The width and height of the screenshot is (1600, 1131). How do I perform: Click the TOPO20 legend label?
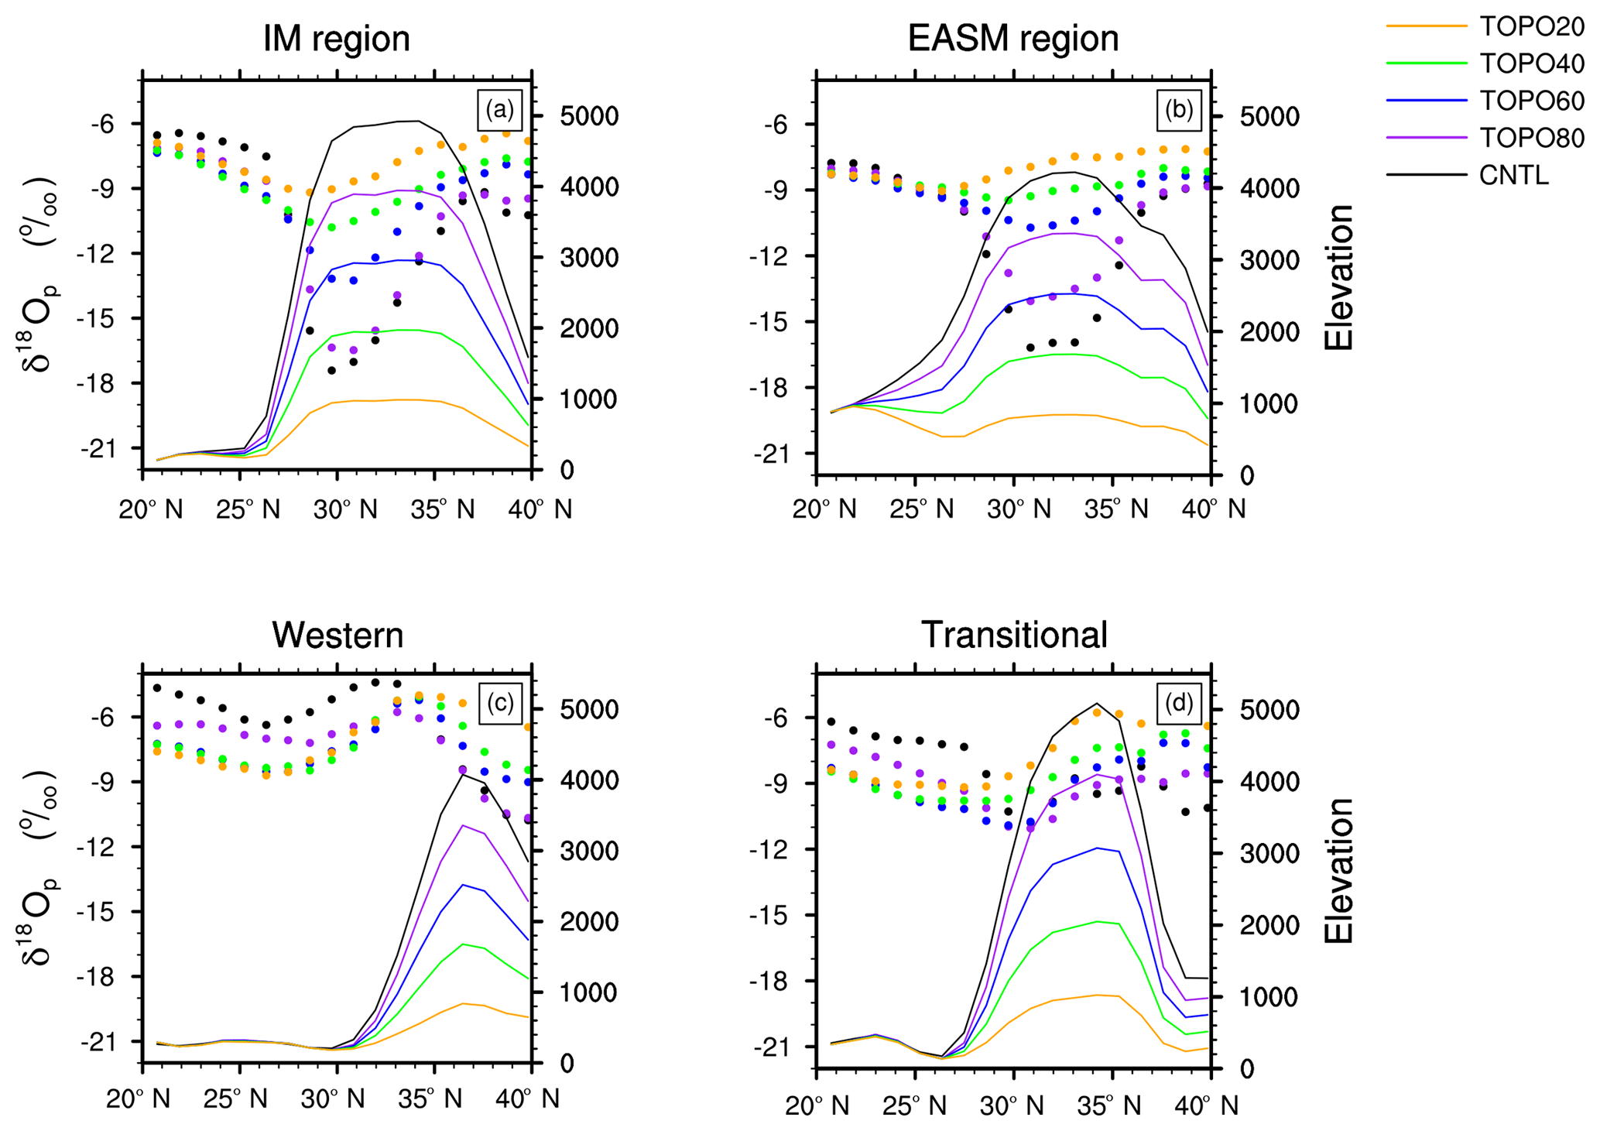coord(1532,26)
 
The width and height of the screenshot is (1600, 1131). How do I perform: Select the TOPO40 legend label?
coord(1532,63)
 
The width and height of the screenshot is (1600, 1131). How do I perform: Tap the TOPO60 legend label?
coord(1532,101)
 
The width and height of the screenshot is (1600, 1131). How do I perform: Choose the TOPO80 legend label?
coord(1532,138)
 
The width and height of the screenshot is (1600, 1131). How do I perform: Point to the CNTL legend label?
coord(1513,176)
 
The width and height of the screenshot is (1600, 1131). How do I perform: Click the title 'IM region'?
coord(337,39)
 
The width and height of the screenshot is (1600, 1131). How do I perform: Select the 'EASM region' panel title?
coord(1013,39)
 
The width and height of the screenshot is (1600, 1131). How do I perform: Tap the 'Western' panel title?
coord(337,636)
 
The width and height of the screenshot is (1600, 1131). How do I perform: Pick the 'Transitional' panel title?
coord(1014,636)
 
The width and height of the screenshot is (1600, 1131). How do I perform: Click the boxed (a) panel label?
coord(499,110)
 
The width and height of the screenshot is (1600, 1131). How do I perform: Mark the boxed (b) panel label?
coord(1178,110)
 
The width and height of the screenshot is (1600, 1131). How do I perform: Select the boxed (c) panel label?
coord(499,703)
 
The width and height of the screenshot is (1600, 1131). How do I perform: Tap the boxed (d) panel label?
coord(1178,703)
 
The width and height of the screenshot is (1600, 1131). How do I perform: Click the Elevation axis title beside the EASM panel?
coord(1338,277)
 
